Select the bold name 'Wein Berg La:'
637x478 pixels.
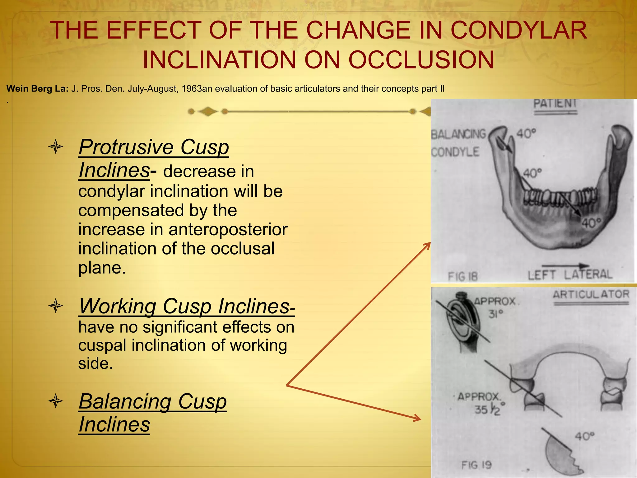[37, 89]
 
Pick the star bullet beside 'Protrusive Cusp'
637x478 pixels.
[56, 147]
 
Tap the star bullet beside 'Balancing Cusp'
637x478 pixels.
[56, 401]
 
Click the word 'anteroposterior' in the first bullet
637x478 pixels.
[228, 230]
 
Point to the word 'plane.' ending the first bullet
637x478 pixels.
[102, 268]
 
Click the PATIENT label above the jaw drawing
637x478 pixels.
[555, 103]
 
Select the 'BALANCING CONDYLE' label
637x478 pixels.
[458, 143]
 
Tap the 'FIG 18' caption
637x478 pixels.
[463, 276]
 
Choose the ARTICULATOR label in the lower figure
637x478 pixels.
[591, 294]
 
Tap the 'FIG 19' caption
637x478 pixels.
[476, 465]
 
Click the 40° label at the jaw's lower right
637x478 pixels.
[592, 223]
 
